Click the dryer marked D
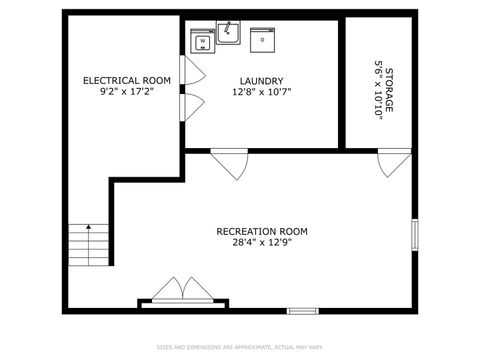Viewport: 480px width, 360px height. pyautogui.click(x=263, y=40)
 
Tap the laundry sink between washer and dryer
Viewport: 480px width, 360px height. pyautogui.click(x=228, y=34)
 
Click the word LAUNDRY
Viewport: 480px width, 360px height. pyautogui.click(x=261, y=81)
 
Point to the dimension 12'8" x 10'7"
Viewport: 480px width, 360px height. pyautogui.click(x=261, y=92)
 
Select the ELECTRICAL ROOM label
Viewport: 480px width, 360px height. pyautogui.click(x=126, y=80)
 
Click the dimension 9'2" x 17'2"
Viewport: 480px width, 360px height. pyautogui.click(x=126, y=91)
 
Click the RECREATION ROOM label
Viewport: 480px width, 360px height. pyautogui.click(x=262, y=231)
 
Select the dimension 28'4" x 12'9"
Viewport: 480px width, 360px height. pyautogui.click(x=262, y=242)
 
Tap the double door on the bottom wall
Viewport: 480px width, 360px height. pyautogui.click(x=181, y=291)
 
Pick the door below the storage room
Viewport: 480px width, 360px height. pyautogui.click(x=393, y=162)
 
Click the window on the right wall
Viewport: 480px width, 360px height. pyautogui.click(x=415, y=234)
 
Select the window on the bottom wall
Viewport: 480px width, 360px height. pyautogui.click(x=302, y=311)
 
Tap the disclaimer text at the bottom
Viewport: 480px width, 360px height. pyautogui.click(x=240, y=347)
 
